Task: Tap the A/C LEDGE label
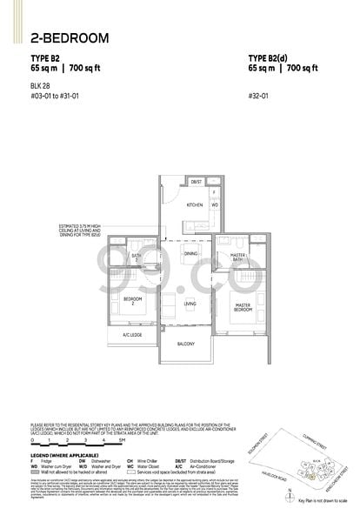(x=133, y=335)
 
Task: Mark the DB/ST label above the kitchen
(x=197, y=182)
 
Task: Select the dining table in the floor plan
(x=190, y=253)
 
